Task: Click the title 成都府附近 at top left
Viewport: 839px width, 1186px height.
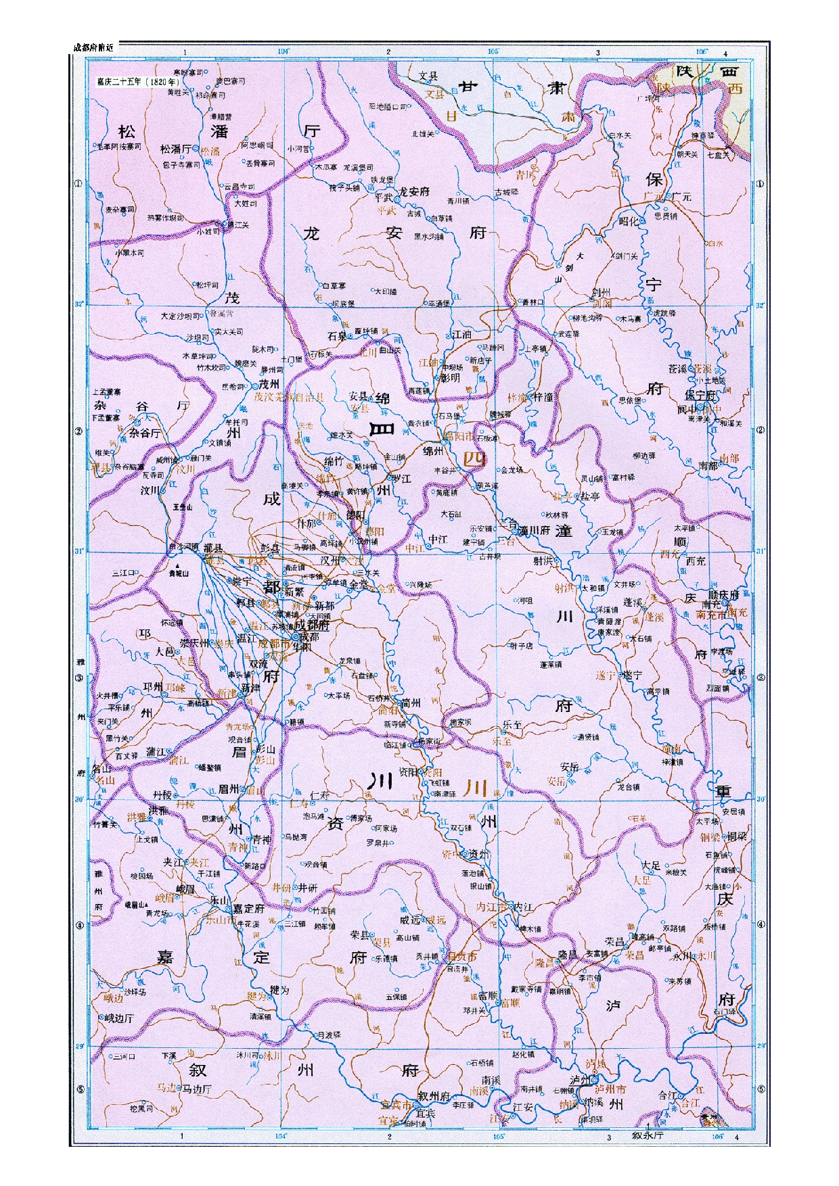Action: (x=93, y=47)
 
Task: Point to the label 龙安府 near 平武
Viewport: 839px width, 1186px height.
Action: (x=413, y=191)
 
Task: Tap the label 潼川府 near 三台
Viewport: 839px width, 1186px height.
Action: (x=535, y=531)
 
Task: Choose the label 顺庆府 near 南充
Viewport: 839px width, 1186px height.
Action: (x=723, y=595)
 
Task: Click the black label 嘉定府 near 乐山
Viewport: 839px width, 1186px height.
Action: (x=248, y=909)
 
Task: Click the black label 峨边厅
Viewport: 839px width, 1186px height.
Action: (x=119, y=1018)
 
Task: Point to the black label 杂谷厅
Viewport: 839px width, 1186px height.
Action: (x=145, y=433)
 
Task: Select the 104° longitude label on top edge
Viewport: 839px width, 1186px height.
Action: (x=284, y=51)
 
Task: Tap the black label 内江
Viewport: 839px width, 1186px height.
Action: (x=523, y=907)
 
